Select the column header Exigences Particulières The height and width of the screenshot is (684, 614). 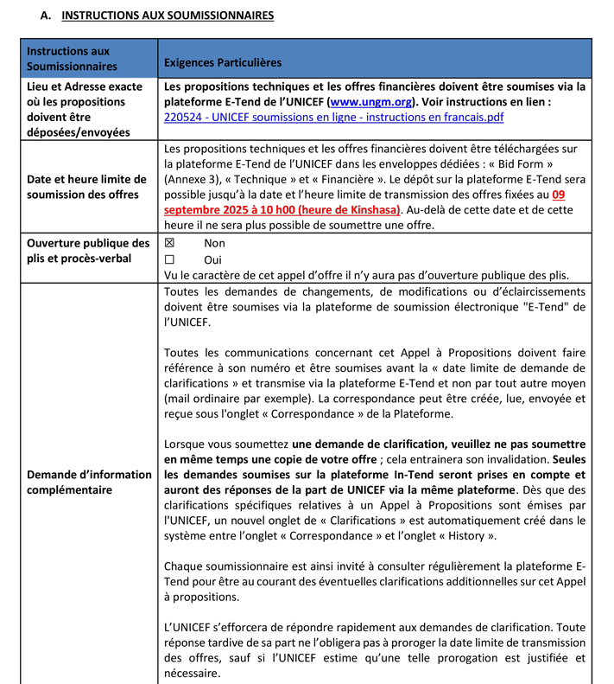[x=222, y=62]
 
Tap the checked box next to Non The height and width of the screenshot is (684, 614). [x=169, y=244]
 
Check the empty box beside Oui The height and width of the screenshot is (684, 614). [x=169, y=259]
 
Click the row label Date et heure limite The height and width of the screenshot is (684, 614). [x=82, y=186]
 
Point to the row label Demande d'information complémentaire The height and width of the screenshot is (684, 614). [x=89, y=482]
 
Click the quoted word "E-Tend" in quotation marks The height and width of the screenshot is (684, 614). [x=546, y=308]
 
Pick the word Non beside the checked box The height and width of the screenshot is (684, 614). [x=214, y=244]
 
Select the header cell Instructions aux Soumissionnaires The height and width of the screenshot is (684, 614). [x=68, y=59]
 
